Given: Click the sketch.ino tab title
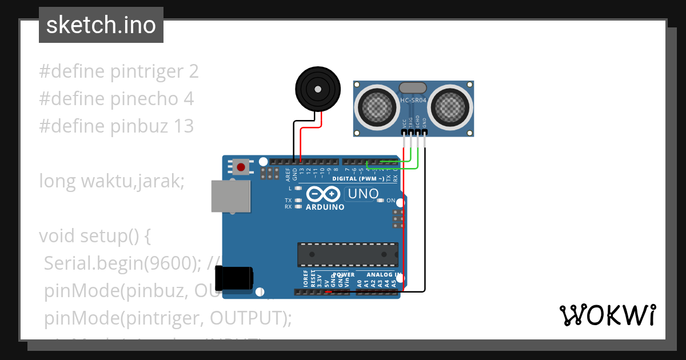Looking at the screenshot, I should [x=101, y=25].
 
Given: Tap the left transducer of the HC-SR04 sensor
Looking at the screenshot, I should [x=376, y=106].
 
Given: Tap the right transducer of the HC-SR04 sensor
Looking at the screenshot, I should [x=452, y=106].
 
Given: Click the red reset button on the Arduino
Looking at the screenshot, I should [x=241, y=167].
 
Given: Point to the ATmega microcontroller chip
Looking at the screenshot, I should [x=347, y=254].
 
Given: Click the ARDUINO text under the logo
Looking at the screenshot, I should [x=325, y=207].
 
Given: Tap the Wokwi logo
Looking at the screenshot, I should [x=607, y=315].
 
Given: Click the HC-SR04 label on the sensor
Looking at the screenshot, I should [x=413, y=101].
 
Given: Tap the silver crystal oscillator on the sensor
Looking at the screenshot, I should [x=413, y=87].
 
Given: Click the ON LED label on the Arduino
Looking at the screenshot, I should [x=391, y=201].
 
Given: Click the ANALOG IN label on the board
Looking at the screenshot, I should [x=380, y=275].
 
